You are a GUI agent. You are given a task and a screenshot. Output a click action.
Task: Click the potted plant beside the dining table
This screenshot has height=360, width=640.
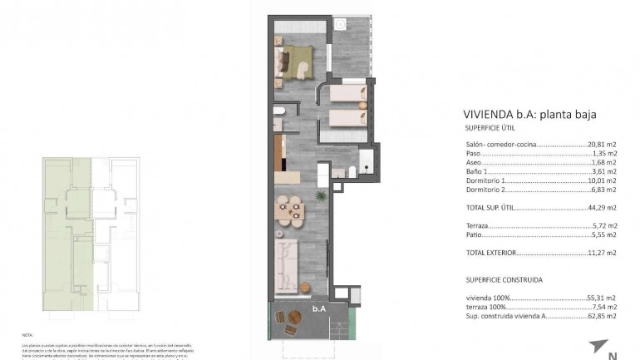[x=318, y=196]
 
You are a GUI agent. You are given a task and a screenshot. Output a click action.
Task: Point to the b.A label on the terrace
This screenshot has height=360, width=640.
[x=318, y=308]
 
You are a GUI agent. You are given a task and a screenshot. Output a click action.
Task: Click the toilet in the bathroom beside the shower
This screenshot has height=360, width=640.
[x=352, y=171]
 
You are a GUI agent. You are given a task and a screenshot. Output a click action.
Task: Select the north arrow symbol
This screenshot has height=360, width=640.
[x=598, y=344]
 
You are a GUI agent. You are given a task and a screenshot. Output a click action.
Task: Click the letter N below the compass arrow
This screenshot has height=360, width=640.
[x=613, y=356]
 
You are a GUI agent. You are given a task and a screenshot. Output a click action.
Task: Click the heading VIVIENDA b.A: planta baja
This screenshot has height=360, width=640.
[x=529, y=116]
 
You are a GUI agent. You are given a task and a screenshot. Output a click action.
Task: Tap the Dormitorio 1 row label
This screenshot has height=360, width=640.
[x=486, y=180]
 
